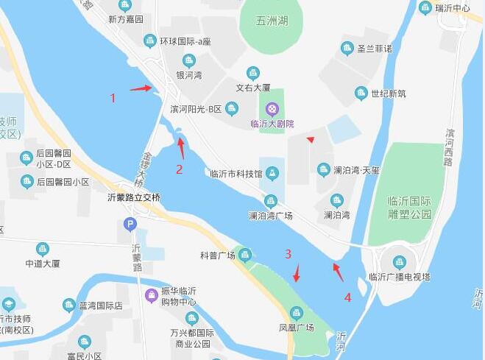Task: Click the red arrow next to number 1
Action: coord(141,89)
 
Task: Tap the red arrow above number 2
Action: coord(181,147)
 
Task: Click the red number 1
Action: coord(113,97)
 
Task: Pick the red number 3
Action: coord(288,253)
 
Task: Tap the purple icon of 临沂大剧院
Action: coord(273,110)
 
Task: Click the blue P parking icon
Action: coord(130,223)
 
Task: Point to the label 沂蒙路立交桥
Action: coord(133,197)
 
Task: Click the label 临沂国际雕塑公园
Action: coord(409,208)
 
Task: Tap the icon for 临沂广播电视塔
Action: coord(399,262)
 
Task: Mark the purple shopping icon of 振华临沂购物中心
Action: coord(152,296)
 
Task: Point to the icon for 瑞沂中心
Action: coord(425,8)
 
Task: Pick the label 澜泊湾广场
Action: coord(270,216)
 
